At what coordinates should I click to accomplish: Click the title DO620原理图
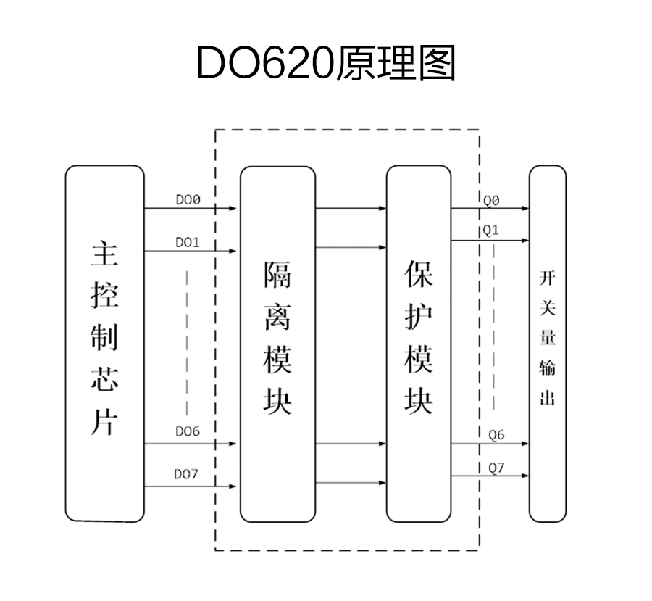click(x=325, y=64)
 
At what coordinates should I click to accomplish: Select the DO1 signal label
click(x=188, y=242)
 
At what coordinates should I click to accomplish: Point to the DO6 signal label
click(x=188, y=431)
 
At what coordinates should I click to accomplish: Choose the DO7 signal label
click(x=187, y=474)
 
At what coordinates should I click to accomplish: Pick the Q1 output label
click(x=491, y=231)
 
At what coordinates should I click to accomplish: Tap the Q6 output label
click(x=496, y=435)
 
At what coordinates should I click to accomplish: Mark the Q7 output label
click(x=496, y=468)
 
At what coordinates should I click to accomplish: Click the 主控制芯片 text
click(x=104, y=337)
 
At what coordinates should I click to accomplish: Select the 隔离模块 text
click(x=277, y=337)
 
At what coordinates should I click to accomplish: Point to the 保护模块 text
click(x=419, y=337)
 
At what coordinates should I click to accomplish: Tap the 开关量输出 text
click(x=547, y=337)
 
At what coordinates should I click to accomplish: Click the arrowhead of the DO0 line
click(x=233, y=209)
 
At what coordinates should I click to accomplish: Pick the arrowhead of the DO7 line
click(x=233, y=486)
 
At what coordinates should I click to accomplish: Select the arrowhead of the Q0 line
click(x=524, y=209)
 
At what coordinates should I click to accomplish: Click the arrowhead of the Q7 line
click(x=524, y=476)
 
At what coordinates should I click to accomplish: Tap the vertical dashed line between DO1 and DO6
click(x=187, y=341)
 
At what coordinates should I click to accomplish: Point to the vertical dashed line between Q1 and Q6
click(x=495, y=326)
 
